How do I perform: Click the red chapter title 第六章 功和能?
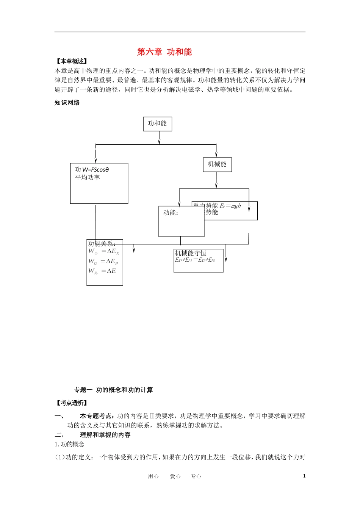[164, 52]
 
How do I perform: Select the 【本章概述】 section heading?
[71, 61]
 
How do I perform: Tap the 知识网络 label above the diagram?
[67, 103]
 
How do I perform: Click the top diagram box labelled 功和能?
[157, 123]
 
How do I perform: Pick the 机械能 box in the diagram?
[217, 164]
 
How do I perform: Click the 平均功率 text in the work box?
[88, 178]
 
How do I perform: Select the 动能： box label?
[171, 213]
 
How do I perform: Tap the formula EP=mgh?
[230, 206]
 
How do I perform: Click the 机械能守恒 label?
[190, 253]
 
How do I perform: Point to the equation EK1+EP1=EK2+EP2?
[195, 260]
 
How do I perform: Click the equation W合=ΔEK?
[104, 251]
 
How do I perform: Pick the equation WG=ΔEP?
[103, 261]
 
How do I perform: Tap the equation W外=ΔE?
[102, 271]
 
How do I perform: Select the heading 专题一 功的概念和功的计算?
[113, 390]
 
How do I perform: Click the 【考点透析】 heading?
[71, 403]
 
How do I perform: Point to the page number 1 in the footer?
[304, 476]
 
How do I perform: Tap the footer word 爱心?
[175, 476]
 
